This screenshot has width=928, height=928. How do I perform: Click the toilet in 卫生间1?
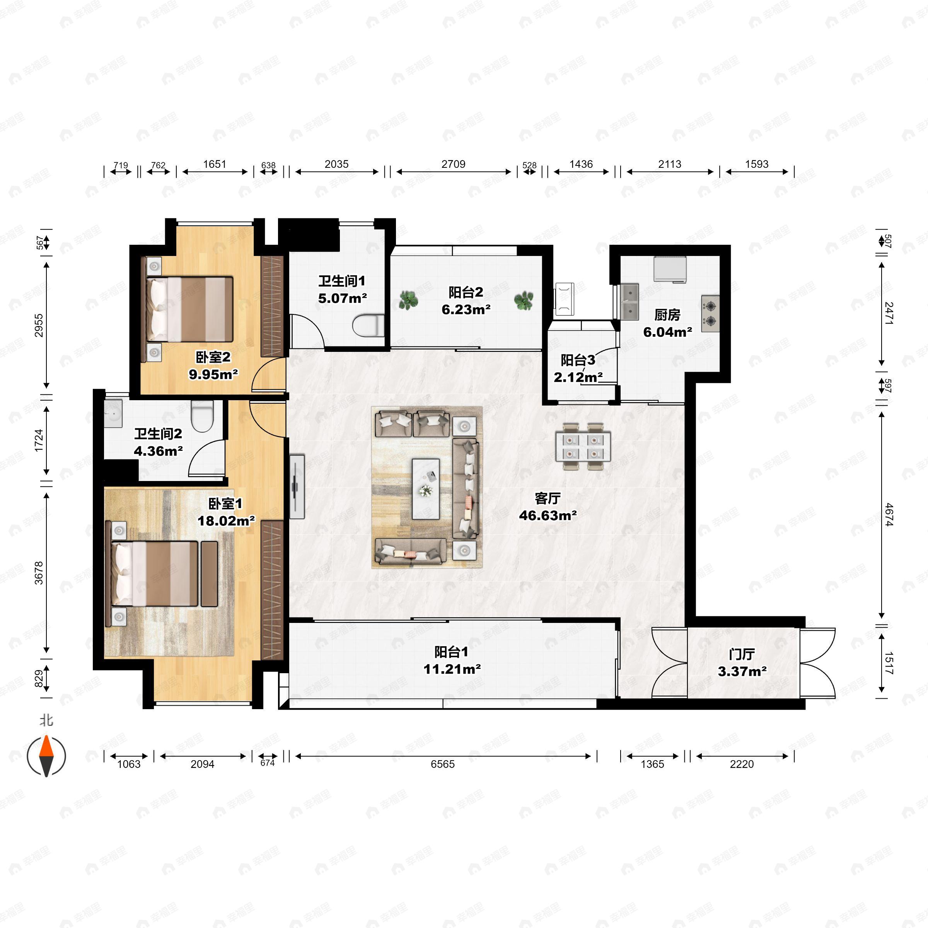pyautogui.click(x=368, y=326)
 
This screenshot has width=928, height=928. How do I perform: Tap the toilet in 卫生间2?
pyautogui.click(x=202, y=416)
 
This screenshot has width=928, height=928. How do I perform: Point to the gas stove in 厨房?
pyautogui.click(x=710, y=313)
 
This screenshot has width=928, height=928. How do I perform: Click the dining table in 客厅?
pyautogui.click(x=583, y=447)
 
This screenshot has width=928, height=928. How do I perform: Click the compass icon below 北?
pyautogui.click(x=46, y=756)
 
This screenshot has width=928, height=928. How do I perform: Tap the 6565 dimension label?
pyautogui.click(x=442, y=764)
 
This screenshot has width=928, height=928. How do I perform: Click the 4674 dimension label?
pyautogui.click(x=889, y=514)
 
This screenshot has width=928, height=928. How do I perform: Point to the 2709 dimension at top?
pyautogui.click(x=454, y=164)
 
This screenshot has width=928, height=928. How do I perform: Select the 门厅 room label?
pyautogui.click(x=742, y=654)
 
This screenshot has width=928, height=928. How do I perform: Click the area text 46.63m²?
pyautogui.click(x=548, y=515)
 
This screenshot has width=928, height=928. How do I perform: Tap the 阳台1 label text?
pyautogui.click(x=451, y=652)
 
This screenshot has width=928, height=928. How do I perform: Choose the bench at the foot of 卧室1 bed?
pyautogui.click(x=209, y=574)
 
